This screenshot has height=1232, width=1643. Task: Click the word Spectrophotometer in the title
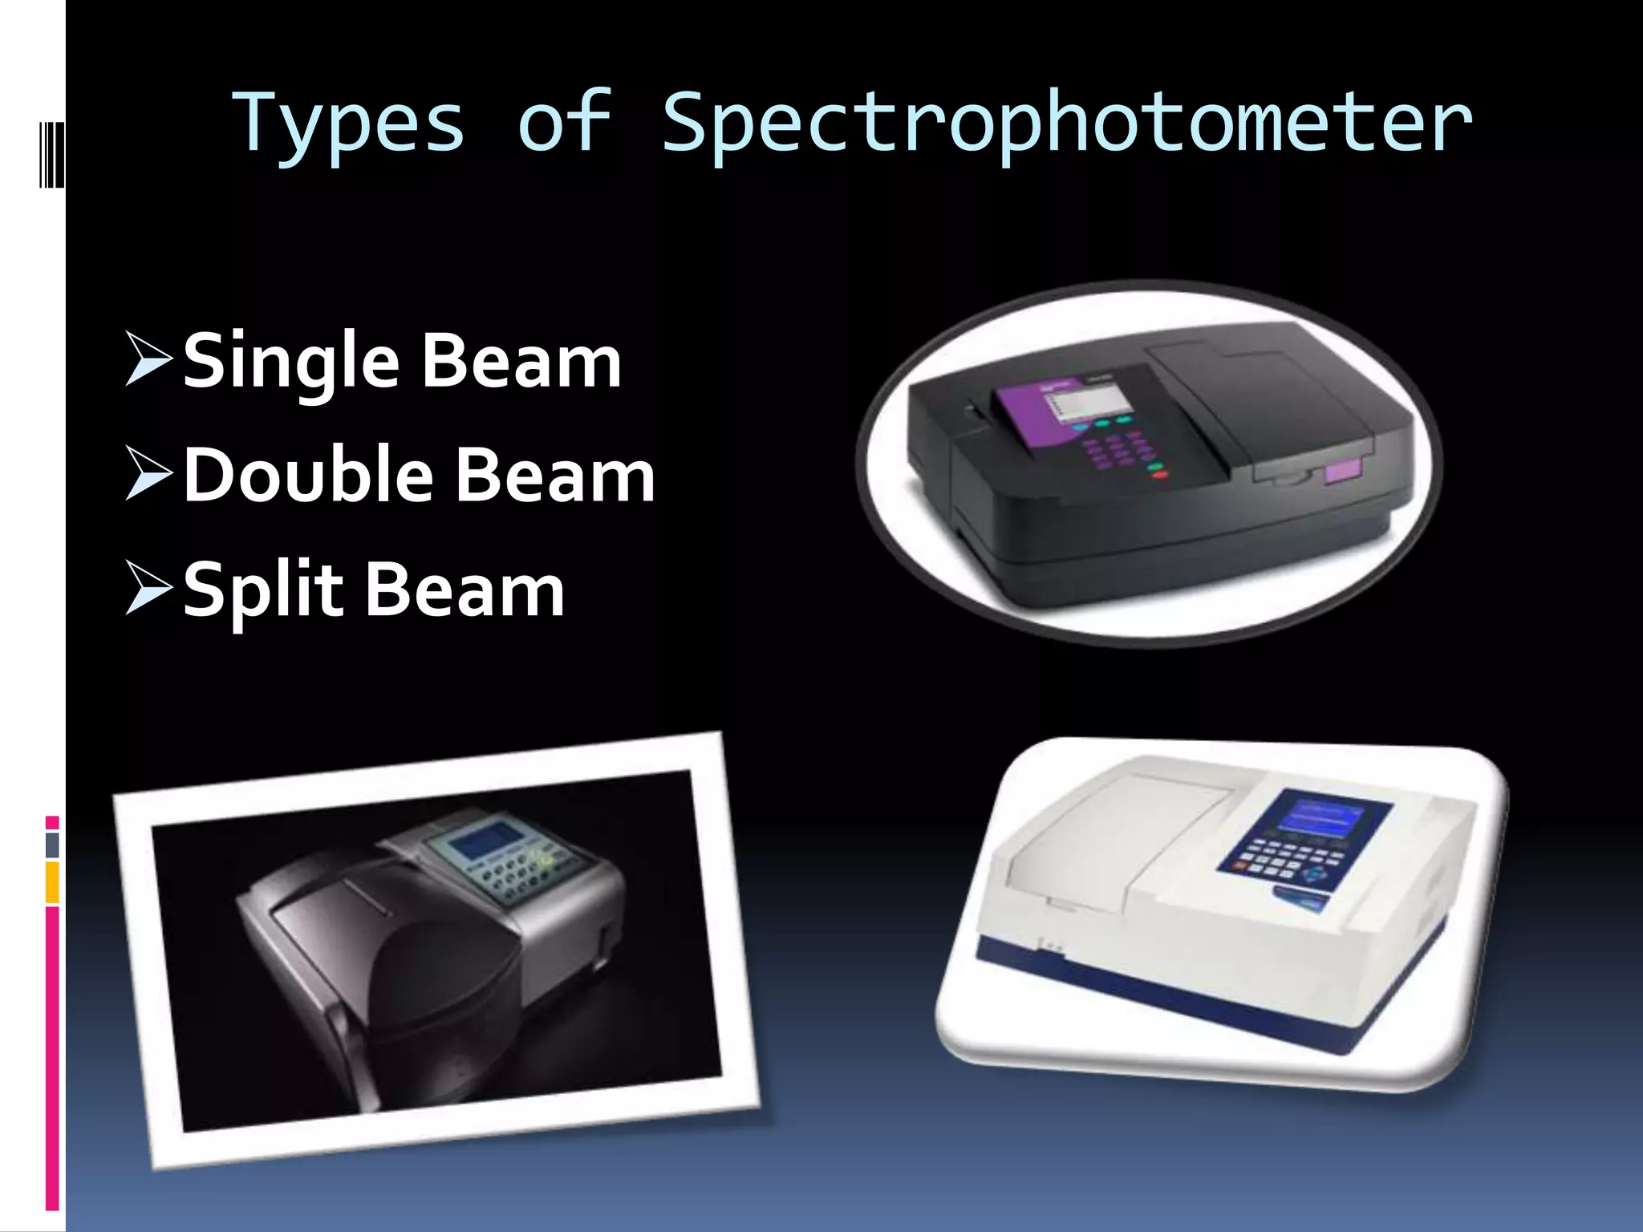coord(1067,124)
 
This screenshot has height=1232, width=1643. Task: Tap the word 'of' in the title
coord(565,122)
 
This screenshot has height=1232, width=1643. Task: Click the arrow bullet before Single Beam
coord(148,359)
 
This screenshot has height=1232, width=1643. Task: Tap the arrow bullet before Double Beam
coord(148,473)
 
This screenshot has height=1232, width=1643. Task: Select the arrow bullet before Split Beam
coord(148,589)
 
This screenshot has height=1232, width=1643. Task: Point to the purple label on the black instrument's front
coord(1345,472)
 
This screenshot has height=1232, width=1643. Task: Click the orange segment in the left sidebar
coord(52,882)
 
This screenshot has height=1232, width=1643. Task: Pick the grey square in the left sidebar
coord(52,845)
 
